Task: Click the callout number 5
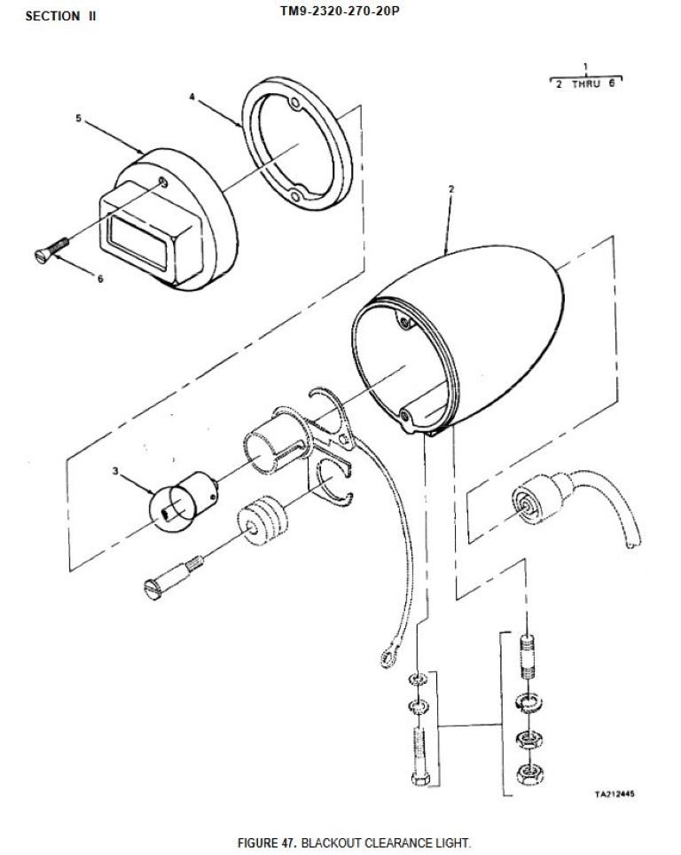click(78, 118)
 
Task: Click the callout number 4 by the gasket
click(192, 97)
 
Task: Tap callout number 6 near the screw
click(100, 278)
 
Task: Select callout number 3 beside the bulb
click(115, 471)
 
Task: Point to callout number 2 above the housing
click(451, 189)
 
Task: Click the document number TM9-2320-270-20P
click(340, 11)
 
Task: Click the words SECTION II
click(61, 16)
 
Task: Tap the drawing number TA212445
click(614, 794)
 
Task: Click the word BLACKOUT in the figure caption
click(331, 843)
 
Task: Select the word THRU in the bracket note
click(586, 84)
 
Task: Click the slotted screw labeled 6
click(51, 248)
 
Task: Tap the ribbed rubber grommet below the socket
click(262, 521)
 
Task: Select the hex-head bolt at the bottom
click(420, 757)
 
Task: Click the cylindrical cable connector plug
click(537, 499)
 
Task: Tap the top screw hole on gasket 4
click(295, 103)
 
